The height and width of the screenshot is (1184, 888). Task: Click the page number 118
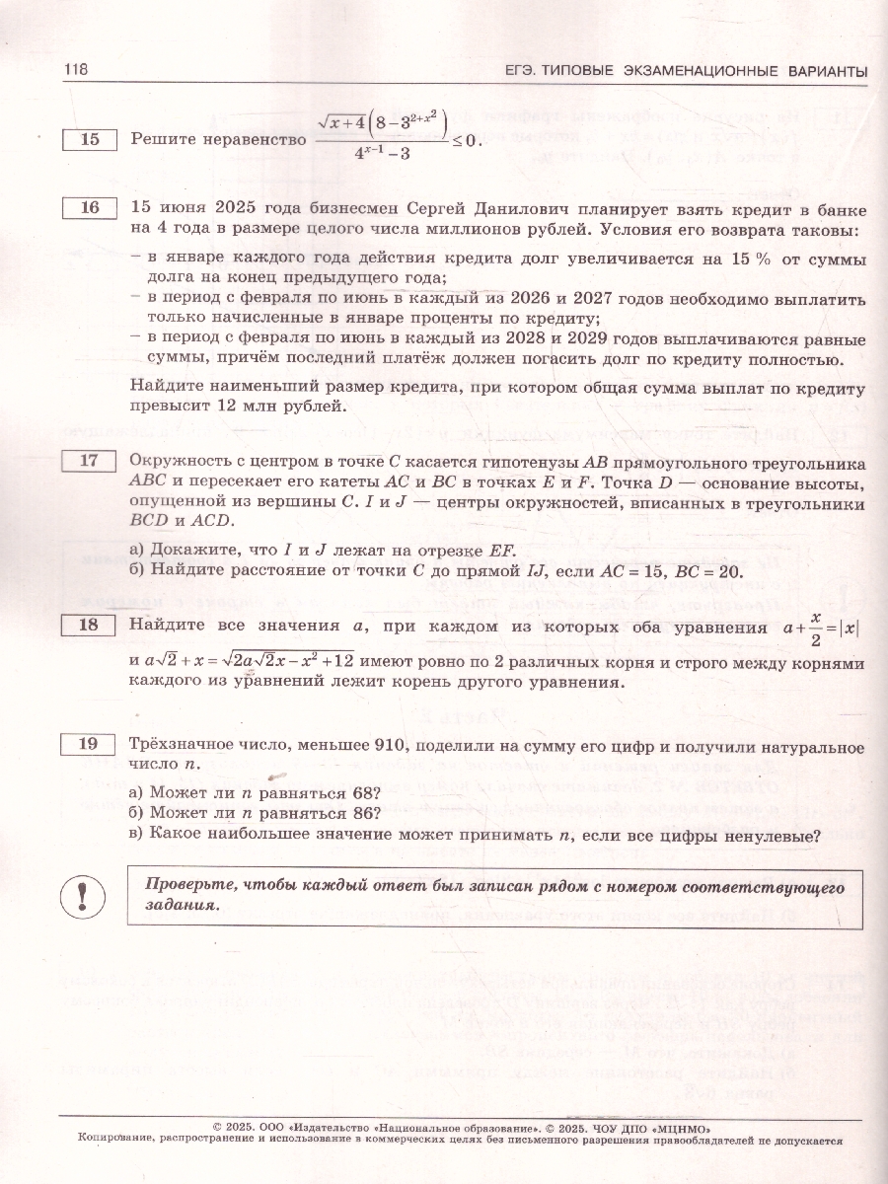(x=76, y=69)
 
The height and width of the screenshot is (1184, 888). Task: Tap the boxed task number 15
(x=90, y=140)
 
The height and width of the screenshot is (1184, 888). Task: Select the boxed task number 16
(x=90, y=209)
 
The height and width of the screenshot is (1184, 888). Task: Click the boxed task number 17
(x=90, y=461)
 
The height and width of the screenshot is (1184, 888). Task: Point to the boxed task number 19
(x=90, y=746)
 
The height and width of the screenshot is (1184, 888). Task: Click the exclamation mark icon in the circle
(x=82, y=895)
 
